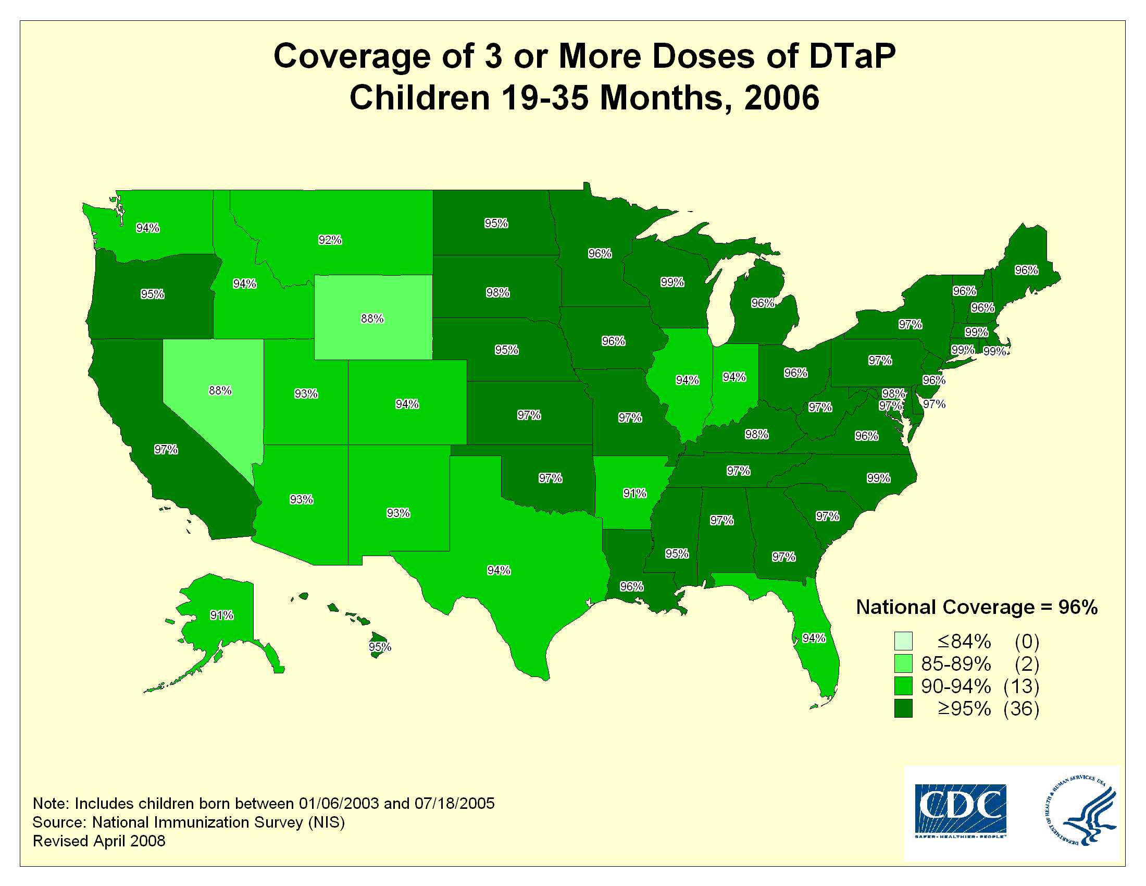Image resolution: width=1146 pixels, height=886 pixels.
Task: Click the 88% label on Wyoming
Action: (372, 318)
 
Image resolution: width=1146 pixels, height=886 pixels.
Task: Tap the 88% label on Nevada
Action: (220, 390)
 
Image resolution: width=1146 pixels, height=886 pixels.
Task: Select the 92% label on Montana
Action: (330, 240)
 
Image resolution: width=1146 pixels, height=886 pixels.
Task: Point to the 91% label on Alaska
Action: (221, 615)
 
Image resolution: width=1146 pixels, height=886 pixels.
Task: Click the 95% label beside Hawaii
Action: (380, 647)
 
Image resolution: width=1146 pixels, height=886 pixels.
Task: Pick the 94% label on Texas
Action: (499, 570)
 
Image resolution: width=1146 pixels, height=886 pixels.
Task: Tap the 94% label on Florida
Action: (814, 638)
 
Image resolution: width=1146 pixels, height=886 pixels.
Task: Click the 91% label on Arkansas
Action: (635, 493)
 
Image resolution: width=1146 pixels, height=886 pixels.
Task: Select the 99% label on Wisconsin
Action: (672, 282)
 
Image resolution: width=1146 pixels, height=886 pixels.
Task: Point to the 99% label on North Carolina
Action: (878, 477)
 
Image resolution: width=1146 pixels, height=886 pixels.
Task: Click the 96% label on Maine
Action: (1026, 270)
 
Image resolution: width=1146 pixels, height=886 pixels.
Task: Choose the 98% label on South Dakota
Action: (497, 292)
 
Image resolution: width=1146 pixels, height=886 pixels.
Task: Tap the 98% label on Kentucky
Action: (757, 434)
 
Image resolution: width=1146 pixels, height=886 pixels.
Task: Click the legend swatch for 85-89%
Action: (903, 664)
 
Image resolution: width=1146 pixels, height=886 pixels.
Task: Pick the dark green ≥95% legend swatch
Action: (903, 708)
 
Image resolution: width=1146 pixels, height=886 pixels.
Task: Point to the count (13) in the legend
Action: (1021, 686)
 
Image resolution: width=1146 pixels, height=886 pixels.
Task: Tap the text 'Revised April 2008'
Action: (99, 841)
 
